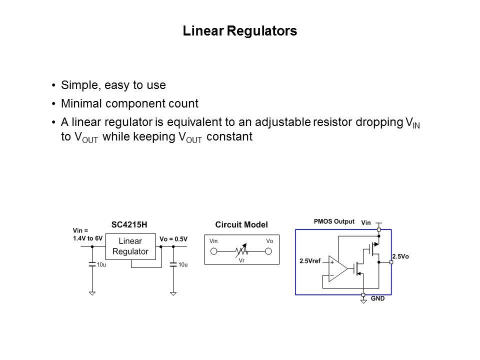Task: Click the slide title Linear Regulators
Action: point(240,31)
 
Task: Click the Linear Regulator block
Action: point(130,246)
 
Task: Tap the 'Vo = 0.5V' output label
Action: point(173,238)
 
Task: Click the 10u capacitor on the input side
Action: point(92,264)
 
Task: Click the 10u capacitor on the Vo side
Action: point(173,264)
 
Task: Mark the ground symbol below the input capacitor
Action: point(92,293)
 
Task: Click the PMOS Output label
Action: point(334,220)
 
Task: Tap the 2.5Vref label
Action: point(310,260)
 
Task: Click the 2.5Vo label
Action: point(400,256)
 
